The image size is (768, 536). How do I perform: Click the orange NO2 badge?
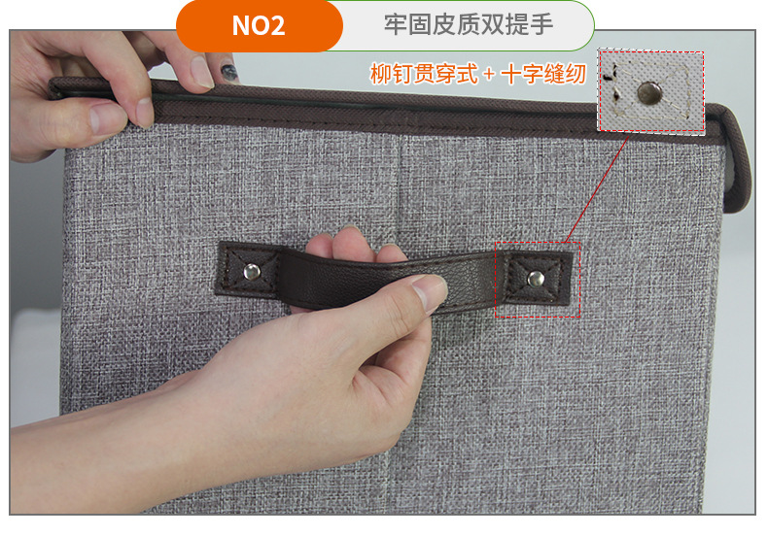[260, 25]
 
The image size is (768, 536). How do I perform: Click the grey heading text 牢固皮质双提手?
[469, 24]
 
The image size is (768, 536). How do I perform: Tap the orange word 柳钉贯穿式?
[424, 74]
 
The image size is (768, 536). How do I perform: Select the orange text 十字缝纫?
[543, 75]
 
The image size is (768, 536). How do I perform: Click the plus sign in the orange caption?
[489, 75]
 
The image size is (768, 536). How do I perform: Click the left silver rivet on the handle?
[252, 272]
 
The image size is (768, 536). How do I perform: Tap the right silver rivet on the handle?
[536, 280]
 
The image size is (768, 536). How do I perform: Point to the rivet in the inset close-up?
[649, 93]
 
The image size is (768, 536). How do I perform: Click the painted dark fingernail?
[227, 73]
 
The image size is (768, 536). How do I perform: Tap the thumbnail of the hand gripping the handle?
[430, 292]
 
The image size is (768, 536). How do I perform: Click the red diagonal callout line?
[597, 188]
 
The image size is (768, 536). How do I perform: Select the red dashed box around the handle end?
[538, 280]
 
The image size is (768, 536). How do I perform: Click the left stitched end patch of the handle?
[248, 270]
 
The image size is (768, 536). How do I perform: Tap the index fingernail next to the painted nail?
[202, 72]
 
